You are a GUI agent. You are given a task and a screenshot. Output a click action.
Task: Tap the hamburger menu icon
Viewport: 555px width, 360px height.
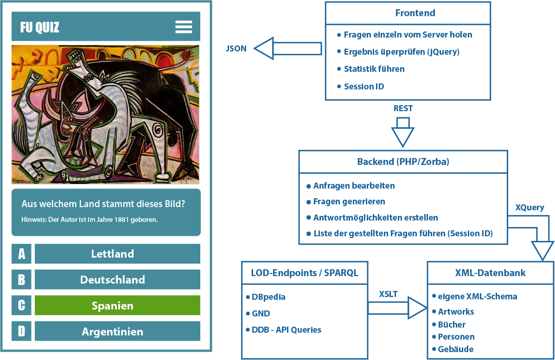184,27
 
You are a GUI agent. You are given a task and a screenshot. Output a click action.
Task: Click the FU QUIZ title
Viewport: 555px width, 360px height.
40,27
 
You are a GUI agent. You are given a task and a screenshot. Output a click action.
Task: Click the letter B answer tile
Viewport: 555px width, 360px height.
21,280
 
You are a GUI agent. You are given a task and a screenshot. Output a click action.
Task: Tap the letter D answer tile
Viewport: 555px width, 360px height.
21,332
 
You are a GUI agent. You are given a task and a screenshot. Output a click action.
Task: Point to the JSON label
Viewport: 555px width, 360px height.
236,48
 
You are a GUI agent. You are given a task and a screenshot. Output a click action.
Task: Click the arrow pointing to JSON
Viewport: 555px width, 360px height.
287,48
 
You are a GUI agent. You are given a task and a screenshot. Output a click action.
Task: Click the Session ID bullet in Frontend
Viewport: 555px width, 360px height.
364,86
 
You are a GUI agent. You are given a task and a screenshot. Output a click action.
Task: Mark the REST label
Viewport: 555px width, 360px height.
403,108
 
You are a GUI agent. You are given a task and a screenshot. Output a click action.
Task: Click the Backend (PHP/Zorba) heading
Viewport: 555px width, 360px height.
403,162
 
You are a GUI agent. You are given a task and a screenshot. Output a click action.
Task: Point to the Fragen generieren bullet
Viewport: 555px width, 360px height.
349,202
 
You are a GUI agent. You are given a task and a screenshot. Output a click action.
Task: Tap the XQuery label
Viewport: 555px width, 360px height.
529,208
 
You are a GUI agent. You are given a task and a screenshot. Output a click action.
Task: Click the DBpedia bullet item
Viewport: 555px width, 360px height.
268,297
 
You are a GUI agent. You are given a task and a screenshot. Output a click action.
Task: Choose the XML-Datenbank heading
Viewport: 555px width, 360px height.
490,273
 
